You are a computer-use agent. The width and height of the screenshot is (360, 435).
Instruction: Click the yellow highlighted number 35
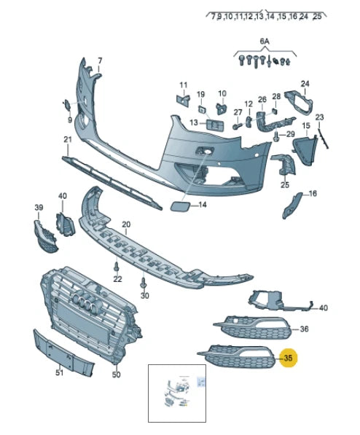288,358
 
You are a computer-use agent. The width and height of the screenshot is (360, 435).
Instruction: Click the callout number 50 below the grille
115,375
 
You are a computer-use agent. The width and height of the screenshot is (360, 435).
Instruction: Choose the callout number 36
304,329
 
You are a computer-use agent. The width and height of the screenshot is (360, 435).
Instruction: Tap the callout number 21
67,139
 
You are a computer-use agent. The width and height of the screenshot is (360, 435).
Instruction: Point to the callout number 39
39,208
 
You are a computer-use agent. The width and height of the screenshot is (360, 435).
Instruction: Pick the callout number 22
117,279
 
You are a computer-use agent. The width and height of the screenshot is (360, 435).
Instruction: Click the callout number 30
144,296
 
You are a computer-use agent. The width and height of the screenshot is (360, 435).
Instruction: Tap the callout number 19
200,94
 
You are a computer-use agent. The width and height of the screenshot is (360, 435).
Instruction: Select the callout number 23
319,117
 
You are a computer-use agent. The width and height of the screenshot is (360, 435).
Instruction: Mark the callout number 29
290,134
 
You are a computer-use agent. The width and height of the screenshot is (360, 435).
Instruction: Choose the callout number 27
238,111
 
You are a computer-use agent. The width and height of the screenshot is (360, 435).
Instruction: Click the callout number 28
276,96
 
